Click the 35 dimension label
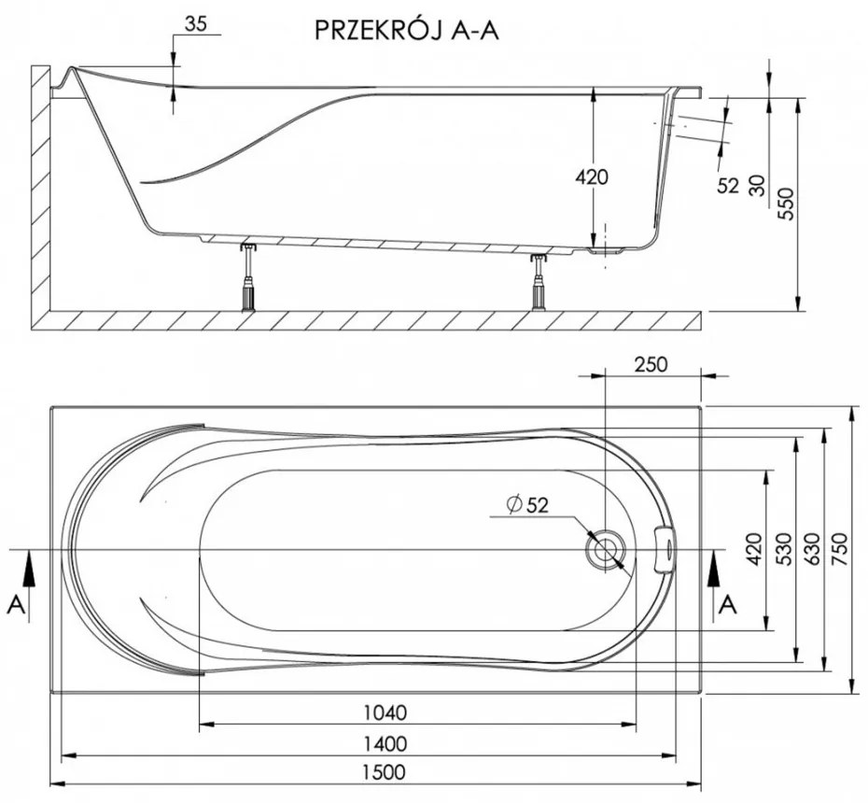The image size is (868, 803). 195,24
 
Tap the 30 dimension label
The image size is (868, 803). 758,185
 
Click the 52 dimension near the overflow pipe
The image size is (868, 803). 729,185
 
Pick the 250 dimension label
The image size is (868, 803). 650,363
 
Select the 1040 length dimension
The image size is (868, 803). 385,713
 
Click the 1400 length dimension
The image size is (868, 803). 385,743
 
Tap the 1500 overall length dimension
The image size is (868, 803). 385,773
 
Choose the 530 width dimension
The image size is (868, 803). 783,550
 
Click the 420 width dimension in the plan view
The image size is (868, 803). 754,550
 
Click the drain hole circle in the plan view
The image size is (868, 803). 606,549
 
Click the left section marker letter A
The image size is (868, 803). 16,605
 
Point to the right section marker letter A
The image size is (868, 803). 729,605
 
